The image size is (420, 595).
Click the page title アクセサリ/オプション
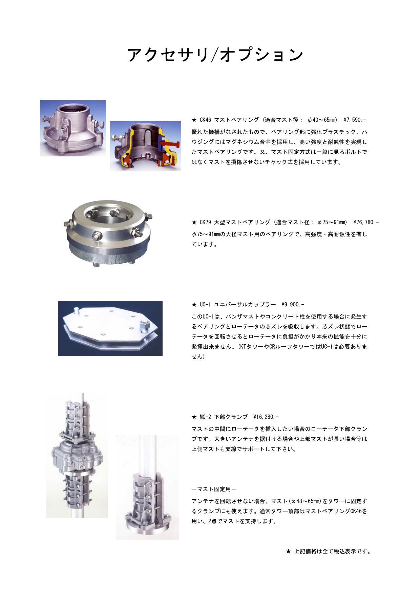click(x=215, y=55)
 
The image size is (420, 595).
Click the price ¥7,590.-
click(x=355, y=120)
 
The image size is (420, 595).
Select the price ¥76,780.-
click(x=366, y=222)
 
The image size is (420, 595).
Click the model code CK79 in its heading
click(x=205, y=222)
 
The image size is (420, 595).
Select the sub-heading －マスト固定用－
click(x=214, y=489)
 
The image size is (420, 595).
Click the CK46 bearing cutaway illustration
click(x=146, y=146)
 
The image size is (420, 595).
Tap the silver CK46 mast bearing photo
click(x=73, y=128)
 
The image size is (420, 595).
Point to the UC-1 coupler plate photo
click(x=110, y=328)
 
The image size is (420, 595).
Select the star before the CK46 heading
click(x=194, y=120)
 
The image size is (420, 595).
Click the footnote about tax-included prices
click(x=329, y=551)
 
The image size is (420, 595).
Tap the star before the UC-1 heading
click(x=194, y=305)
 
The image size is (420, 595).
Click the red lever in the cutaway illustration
click(x=168, y=146)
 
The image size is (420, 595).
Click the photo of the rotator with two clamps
click(x=77, y=456)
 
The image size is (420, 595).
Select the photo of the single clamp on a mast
click(x=147, y=487)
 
